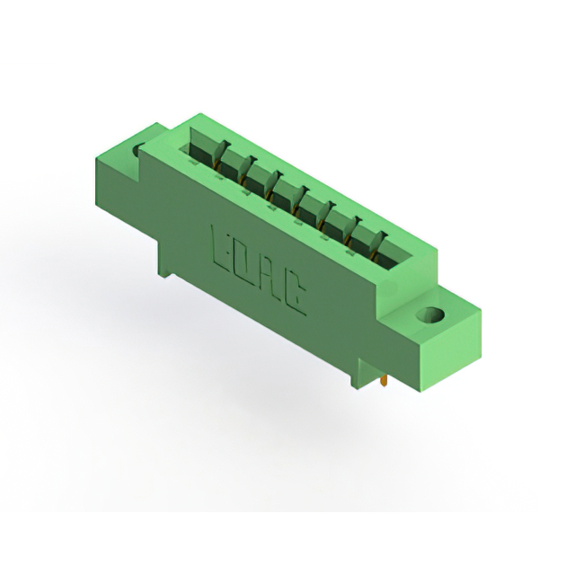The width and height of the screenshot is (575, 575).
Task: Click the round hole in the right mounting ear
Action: click(x=430, y=314)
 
